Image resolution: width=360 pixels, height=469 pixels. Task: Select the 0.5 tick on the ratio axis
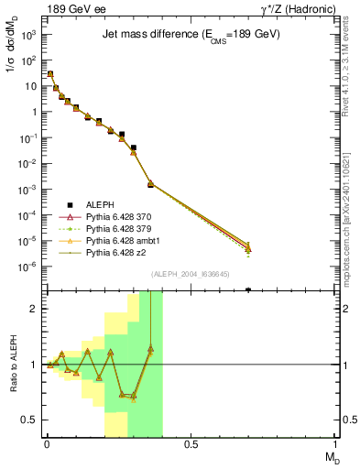click(x=29, y=420)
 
